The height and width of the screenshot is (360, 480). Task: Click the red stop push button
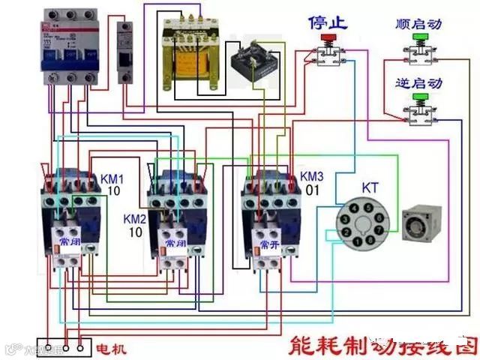pos(327,37)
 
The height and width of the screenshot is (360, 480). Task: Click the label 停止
pos(328,22)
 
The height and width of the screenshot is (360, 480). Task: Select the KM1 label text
pos(112,179)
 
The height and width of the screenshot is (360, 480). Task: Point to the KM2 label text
pos(135,218)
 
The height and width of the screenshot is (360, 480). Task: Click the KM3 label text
pos(312,176)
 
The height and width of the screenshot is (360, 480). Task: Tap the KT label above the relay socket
pos(370,186)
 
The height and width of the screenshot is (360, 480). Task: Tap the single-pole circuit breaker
pos(126,55)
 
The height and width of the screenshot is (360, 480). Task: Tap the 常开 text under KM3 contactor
pos(271,243)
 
